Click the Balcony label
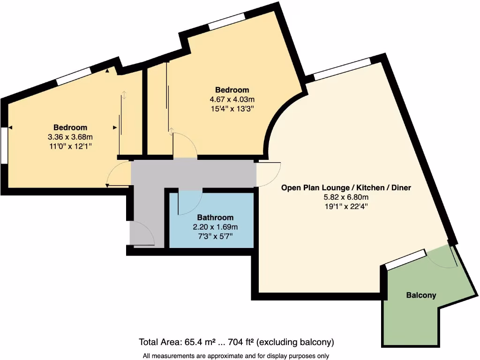421,295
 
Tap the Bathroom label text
215,217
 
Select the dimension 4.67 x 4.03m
232,99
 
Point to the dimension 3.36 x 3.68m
70,137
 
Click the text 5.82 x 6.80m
346,197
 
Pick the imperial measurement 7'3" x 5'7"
215,236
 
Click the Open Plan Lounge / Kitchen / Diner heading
346,187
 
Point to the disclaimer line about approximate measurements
236,356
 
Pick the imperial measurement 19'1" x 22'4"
346,207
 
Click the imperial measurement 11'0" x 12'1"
70,146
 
